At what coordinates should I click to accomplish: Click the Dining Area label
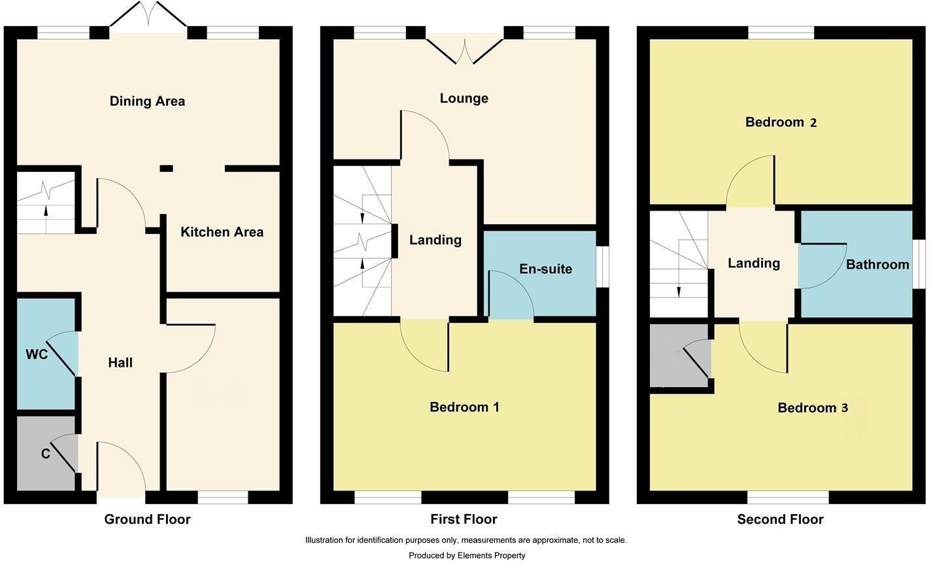[x=147, y=101]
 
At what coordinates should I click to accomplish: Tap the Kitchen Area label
[x=222, y=232]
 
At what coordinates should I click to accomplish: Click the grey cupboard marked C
[x=44, y=454]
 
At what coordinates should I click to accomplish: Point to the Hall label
[x=120, y=363]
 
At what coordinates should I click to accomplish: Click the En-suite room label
[x=545, y=269]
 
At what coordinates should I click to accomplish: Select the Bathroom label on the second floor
[x=877, y=265]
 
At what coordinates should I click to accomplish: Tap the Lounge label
[x=464, y=99]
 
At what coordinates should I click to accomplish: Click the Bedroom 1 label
[x=464, y=407]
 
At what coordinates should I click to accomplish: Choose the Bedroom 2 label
[x=781, y=122]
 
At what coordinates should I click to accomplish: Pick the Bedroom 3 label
[x=813, y=408]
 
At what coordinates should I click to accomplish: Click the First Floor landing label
[x=435, y=240]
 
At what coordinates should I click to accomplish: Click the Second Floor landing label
[x=754, y=263]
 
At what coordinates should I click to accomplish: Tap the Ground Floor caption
[x=147, y=520]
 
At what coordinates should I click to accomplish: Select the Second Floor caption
[x=780, y=520]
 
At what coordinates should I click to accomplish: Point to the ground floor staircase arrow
[x=46, y=211]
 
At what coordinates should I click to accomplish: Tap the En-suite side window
[x=602, y=266]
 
